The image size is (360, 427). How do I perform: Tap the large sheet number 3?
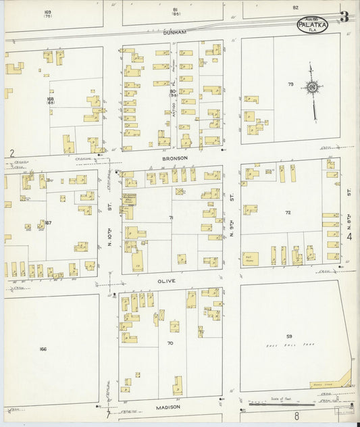point(344,17)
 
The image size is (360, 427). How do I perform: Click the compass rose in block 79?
point(311,86)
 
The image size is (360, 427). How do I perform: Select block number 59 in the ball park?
point(288,336)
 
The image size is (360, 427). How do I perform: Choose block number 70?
point(170,343)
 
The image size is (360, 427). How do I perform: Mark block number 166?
point(43,349)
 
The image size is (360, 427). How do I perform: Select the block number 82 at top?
point(295,7)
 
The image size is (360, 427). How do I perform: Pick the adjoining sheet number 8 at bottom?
point(295,417)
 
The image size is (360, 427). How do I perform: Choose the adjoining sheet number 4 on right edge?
point(350,236)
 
